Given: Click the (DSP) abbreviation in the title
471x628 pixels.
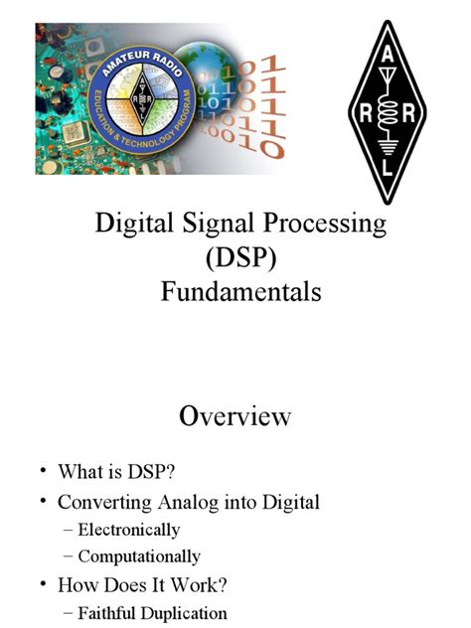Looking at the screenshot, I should point(235,258).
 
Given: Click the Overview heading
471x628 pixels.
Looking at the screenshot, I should point(235,415).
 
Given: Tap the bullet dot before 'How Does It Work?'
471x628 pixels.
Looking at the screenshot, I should point(44,585).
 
